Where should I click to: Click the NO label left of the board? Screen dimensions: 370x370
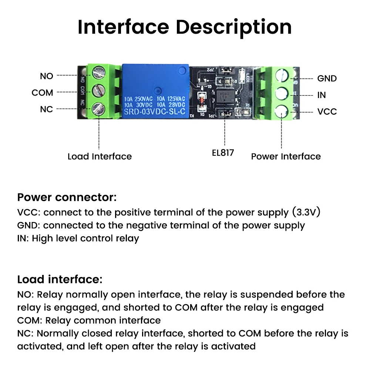pos(47,76)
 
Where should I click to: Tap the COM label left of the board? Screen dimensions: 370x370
pos(42,92)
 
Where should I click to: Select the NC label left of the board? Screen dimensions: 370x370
pos(47,110)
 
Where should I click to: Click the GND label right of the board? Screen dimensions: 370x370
pos(327,78)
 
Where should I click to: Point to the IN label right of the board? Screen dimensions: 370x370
pos(322,95)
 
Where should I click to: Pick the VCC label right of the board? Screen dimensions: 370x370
pos(327,112)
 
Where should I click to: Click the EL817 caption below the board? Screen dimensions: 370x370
pos(223,153)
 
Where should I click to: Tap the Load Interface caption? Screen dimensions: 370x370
pos(100,157)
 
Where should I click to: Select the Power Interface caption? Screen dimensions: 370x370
pos(286,157)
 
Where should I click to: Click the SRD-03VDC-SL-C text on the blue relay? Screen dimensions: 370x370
pos(155,111)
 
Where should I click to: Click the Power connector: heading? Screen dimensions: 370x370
pos(67,197)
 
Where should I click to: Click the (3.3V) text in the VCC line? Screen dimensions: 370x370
pos(306,212)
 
